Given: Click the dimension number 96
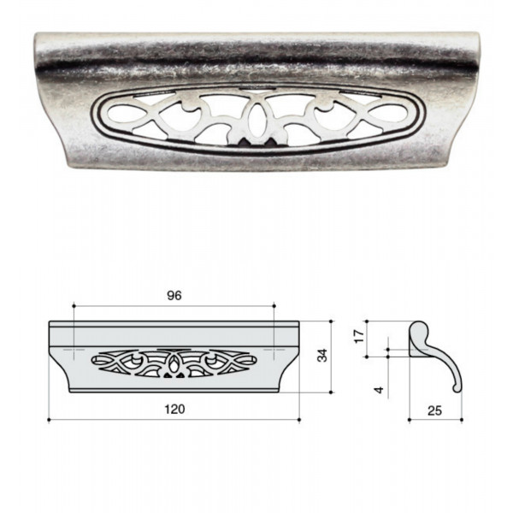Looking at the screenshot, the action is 174,296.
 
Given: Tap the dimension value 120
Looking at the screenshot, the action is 174,409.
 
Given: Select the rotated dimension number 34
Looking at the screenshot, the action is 322,356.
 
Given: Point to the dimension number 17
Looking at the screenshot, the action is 359,336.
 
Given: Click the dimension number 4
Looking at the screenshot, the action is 379,390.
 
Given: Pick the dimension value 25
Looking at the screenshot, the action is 435,410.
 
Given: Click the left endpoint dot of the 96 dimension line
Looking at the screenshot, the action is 74,305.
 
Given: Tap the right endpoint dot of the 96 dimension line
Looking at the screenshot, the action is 274,305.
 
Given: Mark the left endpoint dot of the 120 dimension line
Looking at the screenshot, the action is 49,420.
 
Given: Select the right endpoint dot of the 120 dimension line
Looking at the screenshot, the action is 299,420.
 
